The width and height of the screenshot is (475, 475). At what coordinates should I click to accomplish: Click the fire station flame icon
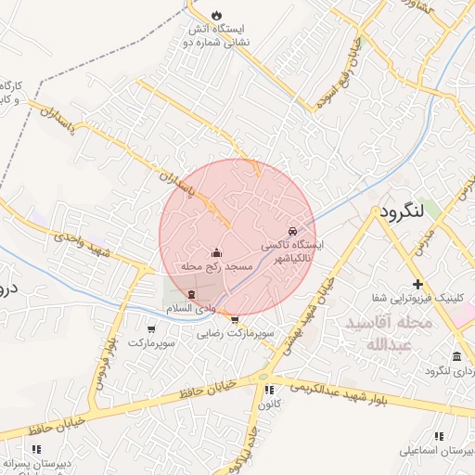click(x=216, y=16)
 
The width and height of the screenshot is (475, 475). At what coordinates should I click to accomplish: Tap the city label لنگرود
click(x=401, y=212)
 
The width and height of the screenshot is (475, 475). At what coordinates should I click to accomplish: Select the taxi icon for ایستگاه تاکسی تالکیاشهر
click(x=293, y=231)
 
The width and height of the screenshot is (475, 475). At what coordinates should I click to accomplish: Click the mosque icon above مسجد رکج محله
click(x=217, y=251)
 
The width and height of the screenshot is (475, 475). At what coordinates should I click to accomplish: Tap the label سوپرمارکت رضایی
click(x=234, y=331)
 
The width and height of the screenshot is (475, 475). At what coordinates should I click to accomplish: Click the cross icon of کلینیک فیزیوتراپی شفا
click(x=417, y=283)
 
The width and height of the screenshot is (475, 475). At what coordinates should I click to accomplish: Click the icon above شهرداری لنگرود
click(x=456, y=357)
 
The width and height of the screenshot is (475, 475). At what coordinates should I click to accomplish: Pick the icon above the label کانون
click(x=269, y=391)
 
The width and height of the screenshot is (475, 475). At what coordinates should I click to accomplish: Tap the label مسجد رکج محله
click(x=216, y=266)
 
